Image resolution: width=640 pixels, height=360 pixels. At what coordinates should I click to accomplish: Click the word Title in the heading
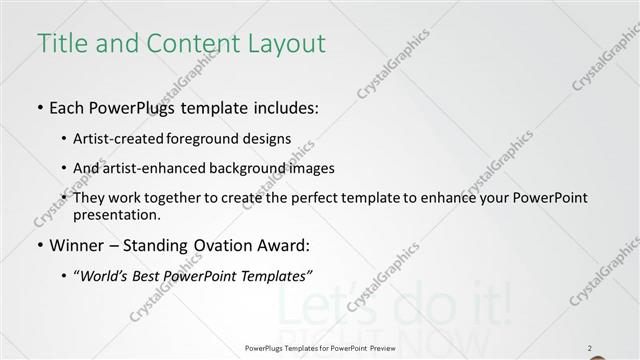[59, 44]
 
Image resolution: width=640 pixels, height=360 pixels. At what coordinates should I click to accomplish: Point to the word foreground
[205, 139]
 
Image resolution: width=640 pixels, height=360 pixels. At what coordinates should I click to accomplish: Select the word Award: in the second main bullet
[286, 245]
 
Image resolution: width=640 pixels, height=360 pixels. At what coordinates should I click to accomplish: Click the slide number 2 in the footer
[591, 348]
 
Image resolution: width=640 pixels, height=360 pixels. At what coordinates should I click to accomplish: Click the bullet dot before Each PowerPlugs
[40, 108]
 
